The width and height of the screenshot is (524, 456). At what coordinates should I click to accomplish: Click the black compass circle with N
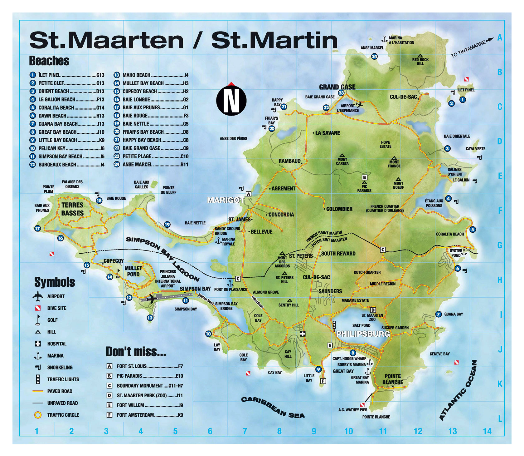(x=231, y=101)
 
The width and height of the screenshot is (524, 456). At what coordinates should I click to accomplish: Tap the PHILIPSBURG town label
(x=363, y=334)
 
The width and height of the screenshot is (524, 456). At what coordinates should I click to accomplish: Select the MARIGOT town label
(x=226, y=200)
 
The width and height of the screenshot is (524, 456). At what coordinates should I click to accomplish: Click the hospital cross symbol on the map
(x=302, y=334)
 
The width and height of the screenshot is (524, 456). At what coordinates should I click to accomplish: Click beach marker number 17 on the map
(x=37, y=229)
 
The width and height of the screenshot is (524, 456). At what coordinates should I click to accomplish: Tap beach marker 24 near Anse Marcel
(x=374, y=57)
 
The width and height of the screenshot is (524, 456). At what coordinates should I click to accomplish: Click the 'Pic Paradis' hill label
(x=364, y=188)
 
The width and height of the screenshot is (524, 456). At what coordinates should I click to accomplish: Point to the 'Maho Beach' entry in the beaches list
(x=136, y=75)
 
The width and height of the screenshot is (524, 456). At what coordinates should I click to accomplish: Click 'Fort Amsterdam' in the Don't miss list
(x=135, y=415)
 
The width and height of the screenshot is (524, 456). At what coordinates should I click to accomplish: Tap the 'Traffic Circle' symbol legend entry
(x=63, y=415)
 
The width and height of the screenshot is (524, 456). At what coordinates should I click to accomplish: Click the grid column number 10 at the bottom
(x=348, y=431)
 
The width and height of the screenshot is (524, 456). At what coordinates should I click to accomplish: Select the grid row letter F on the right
(x=500, y=211)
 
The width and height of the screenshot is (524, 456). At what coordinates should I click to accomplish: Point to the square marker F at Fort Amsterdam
(x=323, y=381)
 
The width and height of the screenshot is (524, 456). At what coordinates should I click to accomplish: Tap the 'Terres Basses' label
(x=72, y=209)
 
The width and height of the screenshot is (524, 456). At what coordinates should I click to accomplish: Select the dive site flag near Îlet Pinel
(x=466, y=80)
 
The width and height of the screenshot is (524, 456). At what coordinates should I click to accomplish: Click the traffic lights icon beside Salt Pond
(x=334, y=325)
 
